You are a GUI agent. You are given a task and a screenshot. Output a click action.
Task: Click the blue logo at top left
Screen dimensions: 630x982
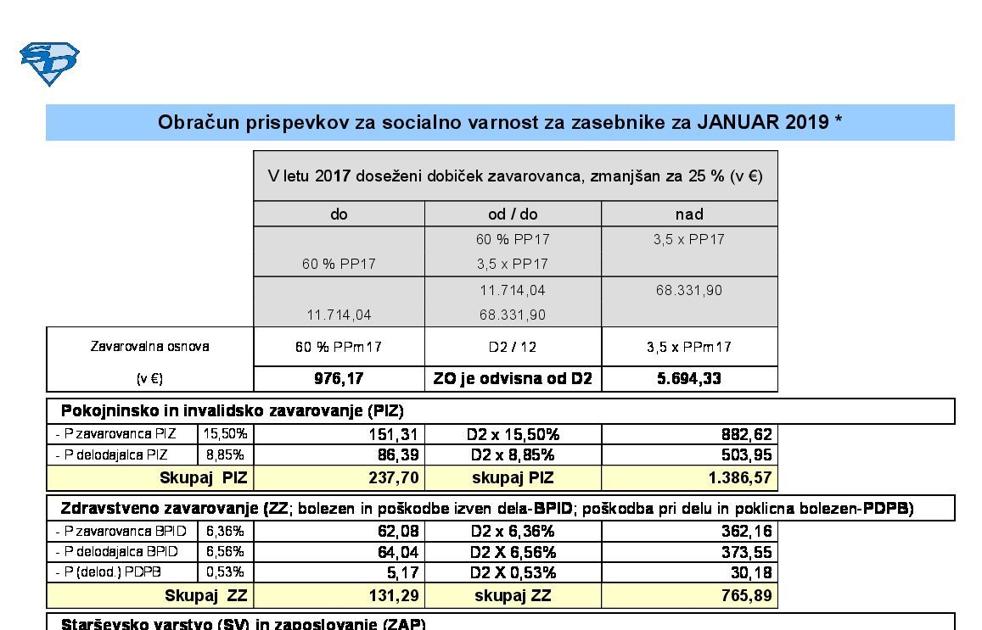[49, 64]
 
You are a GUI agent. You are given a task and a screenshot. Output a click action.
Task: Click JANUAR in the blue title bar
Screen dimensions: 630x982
[737, 122]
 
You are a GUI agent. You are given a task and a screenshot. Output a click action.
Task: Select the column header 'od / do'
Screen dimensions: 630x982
[513, 215]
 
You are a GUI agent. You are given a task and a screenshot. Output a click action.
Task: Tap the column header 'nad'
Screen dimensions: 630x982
[689, 215]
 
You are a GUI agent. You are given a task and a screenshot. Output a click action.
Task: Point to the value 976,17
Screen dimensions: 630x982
[339, 379]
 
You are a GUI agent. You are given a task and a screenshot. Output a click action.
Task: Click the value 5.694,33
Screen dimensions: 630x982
[689, 379]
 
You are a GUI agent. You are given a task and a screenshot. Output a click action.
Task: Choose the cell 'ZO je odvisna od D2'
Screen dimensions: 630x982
[513, 379]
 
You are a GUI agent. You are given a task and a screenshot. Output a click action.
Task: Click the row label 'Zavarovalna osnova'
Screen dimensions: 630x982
[149, 347]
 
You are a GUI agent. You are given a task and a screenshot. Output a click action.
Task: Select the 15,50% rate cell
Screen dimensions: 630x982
[225, 434]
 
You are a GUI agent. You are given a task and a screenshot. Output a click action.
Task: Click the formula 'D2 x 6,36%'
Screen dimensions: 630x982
[513, 532]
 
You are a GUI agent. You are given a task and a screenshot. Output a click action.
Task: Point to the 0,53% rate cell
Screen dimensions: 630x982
[225, 572]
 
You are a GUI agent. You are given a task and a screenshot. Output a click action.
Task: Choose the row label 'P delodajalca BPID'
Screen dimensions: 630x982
[121, 552]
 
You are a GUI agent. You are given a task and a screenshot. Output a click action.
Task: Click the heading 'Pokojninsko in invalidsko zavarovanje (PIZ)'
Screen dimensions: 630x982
[232, 411]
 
